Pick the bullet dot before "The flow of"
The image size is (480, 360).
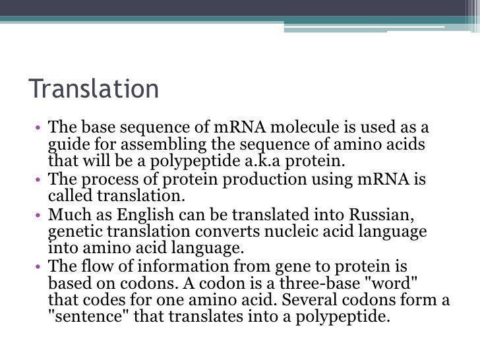point(39,267)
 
